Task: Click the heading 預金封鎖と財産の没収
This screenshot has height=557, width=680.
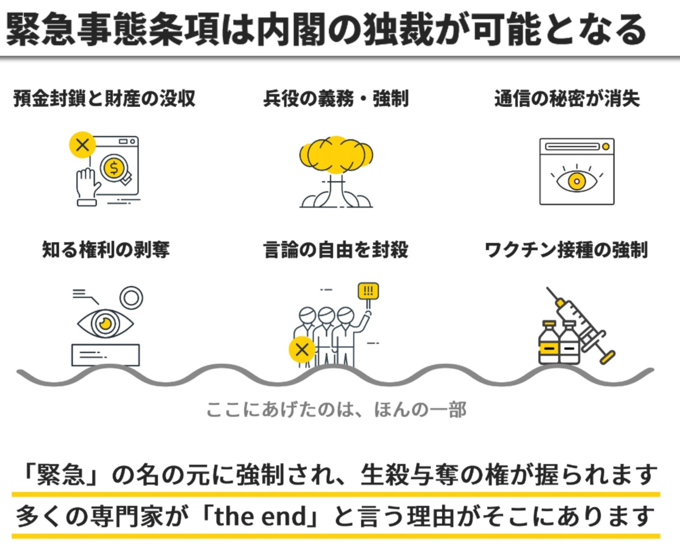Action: coord(104,98)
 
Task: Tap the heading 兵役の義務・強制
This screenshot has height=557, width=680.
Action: coord(336,98)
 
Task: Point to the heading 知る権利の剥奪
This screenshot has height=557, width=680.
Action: coord(106,249)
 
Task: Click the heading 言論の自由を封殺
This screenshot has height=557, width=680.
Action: coord(336,249)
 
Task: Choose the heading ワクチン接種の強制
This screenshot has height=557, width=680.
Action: coord(566,249)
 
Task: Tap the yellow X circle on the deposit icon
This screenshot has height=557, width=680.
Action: coord(82,145)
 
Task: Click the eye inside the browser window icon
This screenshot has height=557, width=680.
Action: coord(577,181)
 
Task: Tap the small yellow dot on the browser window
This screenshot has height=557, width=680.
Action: coord(606,147)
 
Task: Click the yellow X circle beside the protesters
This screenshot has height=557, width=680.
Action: coord(302,350)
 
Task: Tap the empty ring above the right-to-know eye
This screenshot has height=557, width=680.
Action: coord(131,297)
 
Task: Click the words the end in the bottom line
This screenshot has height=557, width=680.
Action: coord(261,516)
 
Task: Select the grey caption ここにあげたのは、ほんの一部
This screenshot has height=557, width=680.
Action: coord(336,409)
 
